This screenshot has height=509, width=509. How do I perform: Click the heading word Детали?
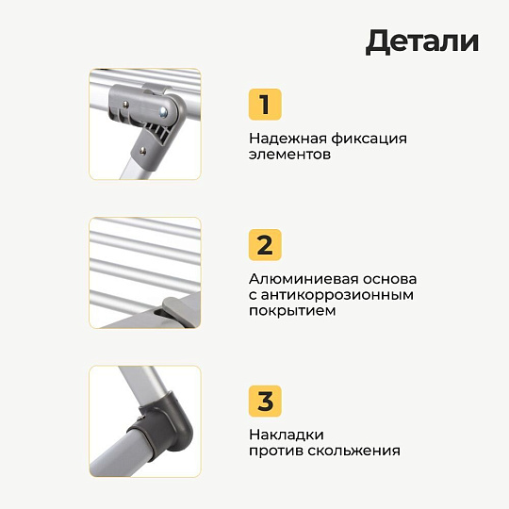point(422,41)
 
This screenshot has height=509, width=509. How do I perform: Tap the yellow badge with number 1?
point(265,105)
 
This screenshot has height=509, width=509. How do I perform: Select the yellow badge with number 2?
point(265,245)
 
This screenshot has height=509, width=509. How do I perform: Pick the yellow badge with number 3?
point(265,401)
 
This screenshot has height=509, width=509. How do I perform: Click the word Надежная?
point(287,139)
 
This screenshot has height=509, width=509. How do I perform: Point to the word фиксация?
point(369,140)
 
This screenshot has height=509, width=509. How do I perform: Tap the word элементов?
point(289,155)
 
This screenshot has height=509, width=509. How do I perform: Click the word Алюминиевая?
point(304,279)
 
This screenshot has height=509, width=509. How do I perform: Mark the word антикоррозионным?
point(337,295)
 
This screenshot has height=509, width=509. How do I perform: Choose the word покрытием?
point(292,311)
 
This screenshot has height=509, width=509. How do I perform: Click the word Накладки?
point(287,435)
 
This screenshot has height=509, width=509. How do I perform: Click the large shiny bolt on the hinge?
point(163,112)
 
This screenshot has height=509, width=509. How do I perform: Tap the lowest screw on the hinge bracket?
point(142,151)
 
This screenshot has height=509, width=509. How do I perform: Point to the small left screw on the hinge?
point(125,105)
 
